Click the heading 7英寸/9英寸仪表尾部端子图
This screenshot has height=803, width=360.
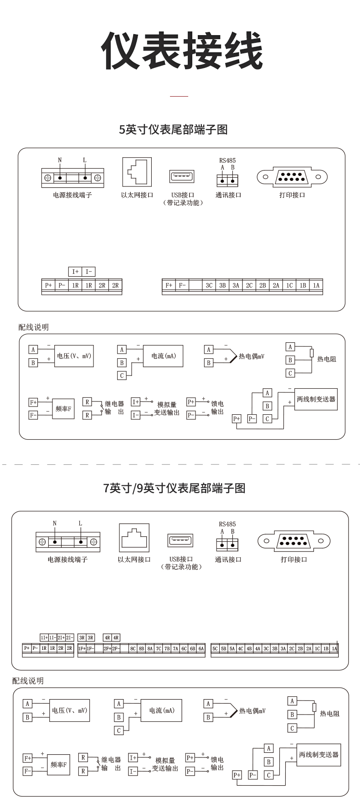[x=175, y=489]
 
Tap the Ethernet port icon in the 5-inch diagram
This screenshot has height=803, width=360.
[x=137, y=172]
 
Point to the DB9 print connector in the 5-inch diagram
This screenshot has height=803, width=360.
[x=292, y=177]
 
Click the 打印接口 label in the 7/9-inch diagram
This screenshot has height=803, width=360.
[x=294, y=560]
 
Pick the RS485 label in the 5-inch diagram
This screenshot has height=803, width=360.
[x=227, y=160]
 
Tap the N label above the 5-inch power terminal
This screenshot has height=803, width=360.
[x=60, y=160]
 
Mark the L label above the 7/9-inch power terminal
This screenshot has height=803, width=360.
[x=81, y=523]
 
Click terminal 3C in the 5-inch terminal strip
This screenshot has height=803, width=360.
[x=209, y=285]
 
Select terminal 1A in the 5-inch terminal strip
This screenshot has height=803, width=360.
[x=316, y=285]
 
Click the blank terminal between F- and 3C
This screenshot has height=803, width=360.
[x=195, y=285]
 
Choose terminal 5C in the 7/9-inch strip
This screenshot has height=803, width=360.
[x=215, y=648]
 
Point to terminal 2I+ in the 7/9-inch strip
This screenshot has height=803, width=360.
[x=61, y=638]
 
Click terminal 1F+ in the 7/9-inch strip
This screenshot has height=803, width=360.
[x=82, y=648]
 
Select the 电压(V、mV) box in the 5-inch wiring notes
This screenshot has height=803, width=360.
[x=74, y=356]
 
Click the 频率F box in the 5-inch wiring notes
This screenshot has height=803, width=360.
[x=63, y=409]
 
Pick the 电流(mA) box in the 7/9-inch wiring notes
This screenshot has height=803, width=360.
[x=161, y=710]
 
